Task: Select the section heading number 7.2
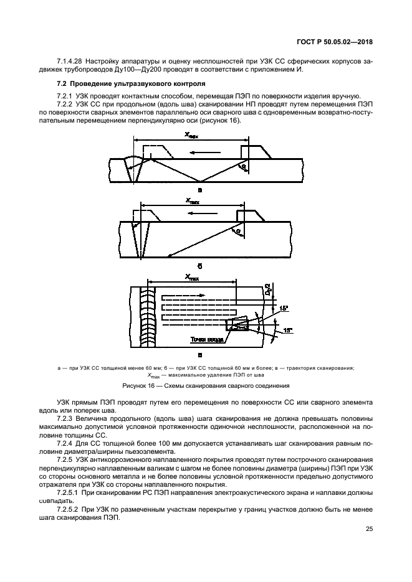[x=61, y=83]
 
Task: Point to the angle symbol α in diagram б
[x=237, y=232]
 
